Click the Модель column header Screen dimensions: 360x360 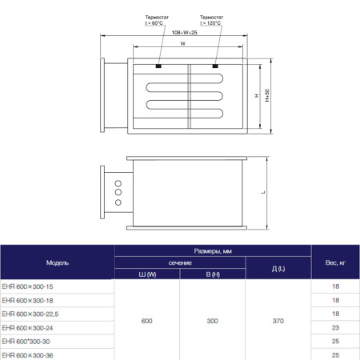pos(58,262)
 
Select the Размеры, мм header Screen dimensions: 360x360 pos(213,250)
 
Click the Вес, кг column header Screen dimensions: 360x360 pos(335,262)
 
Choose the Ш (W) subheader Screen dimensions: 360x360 pos(147,274)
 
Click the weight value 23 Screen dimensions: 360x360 pos(335,326)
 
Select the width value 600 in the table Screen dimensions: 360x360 pos(147,320)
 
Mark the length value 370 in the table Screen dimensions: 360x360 pos(278,320)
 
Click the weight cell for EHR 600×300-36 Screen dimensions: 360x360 pos(335,354)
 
